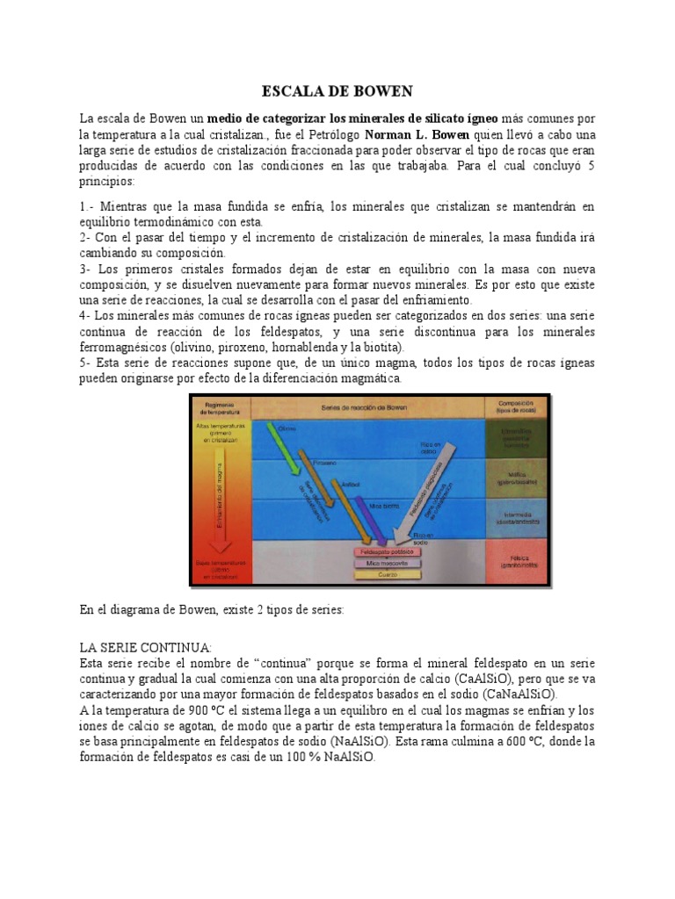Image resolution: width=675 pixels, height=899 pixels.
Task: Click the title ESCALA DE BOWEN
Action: [337, 91]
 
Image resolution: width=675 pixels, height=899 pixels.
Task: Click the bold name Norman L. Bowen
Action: [417, 135]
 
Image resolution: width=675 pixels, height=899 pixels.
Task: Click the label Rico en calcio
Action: [430, 449]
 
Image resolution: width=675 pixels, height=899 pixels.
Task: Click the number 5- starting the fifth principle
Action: [85, 363]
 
